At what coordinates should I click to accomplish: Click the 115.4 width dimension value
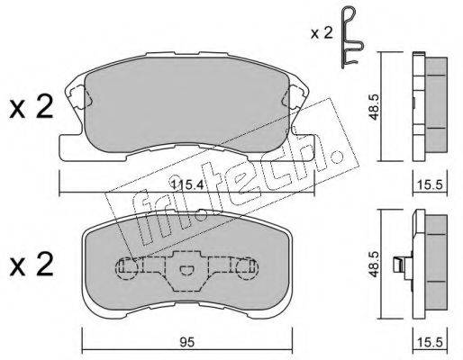187,184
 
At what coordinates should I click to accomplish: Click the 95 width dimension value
186,342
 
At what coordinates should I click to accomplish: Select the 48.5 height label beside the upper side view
374,107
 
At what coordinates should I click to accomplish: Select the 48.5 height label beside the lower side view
374,265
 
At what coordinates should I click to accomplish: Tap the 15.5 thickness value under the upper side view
430,185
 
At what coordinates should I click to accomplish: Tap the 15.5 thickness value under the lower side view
430,343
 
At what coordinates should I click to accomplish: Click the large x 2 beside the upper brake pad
32,107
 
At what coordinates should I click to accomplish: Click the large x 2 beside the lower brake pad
32,264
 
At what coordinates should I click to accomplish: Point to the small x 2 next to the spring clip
322,33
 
